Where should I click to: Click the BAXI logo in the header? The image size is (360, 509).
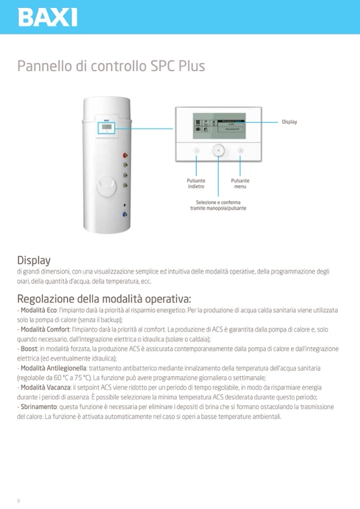click(47, 17)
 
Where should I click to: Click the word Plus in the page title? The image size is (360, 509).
click(192, 66)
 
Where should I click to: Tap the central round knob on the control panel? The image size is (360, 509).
click(218, 150)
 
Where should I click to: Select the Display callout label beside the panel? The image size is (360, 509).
click(289, 122)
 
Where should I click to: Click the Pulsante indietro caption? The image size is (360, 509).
click(196, 184)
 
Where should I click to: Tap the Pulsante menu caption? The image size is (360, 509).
click(240, 184)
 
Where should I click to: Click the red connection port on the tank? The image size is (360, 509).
click(125, 156)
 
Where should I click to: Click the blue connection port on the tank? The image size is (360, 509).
click(125, 215)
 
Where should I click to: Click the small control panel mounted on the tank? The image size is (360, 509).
click(106, 128)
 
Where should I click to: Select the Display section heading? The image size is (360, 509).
click(34, 260)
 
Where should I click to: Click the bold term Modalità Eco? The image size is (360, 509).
click(38, 310)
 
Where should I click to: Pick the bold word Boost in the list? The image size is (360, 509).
click(29, 349)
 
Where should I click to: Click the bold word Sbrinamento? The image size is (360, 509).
click(39, 407)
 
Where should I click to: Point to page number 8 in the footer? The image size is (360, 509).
click(19, 501)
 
